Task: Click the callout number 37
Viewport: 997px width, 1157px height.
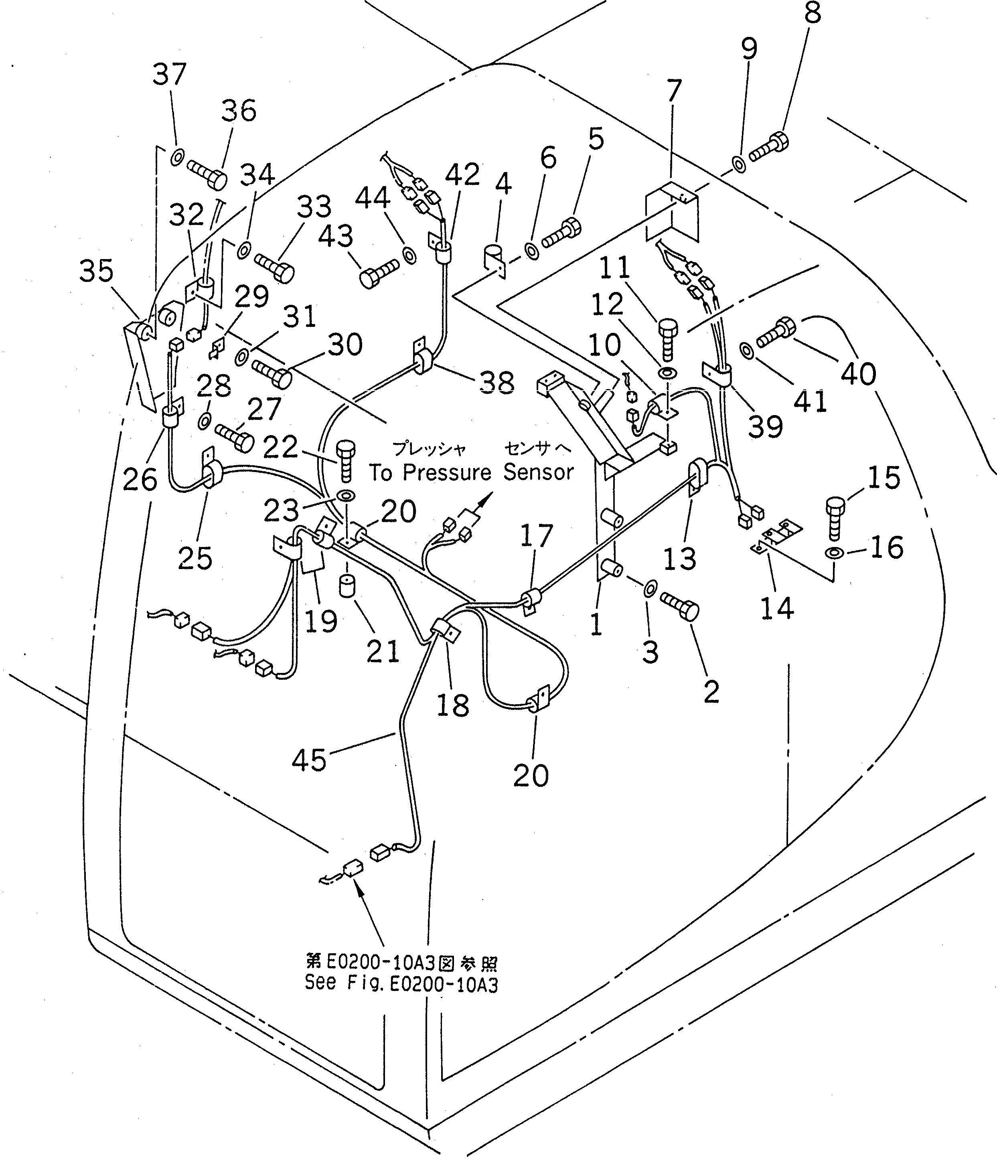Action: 169,74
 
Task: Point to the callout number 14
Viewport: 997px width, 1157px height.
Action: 777,608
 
